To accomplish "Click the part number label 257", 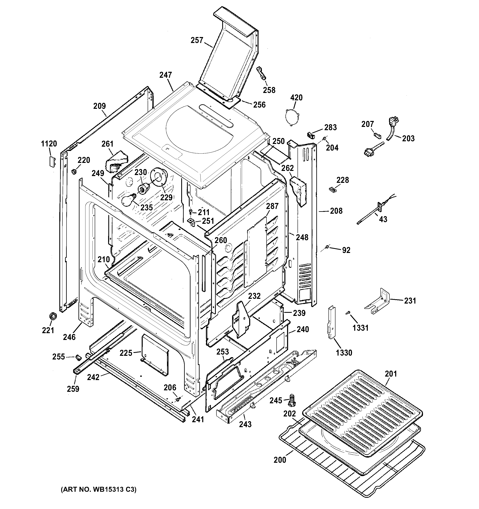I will point(197,41).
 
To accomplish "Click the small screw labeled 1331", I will point(348,313).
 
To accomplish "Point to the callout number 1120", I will point(49,144).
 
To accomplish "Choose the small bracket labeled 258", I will point(262,73).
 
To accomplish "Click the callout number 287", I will point(272,206).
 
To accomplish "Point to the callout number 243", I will point(245,424).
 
